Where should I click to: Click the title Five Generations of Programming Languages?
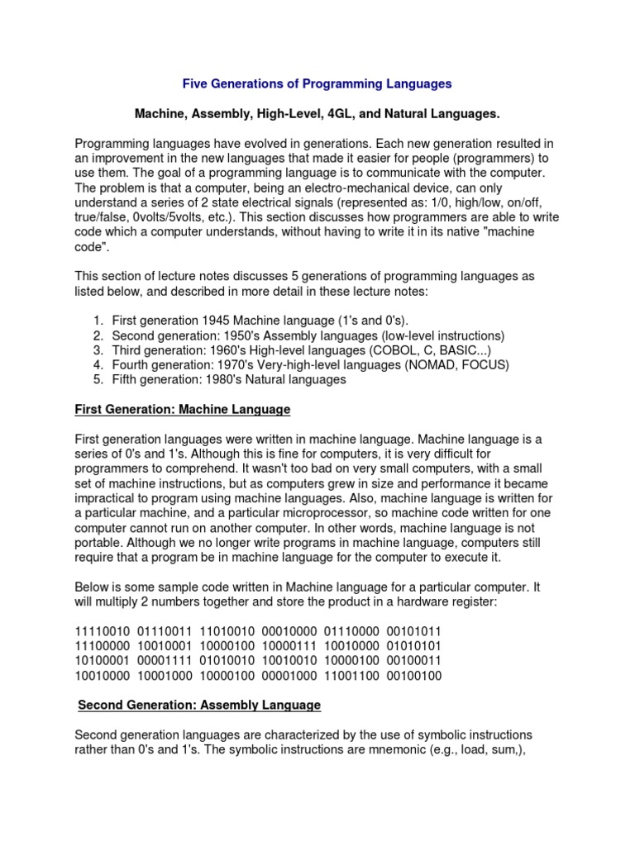click(x=317, y=83)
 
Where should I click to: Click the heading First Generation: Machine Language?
click(x=183, y=410)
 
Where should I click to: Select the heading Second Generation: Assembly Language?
click(x=199, y=706)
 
